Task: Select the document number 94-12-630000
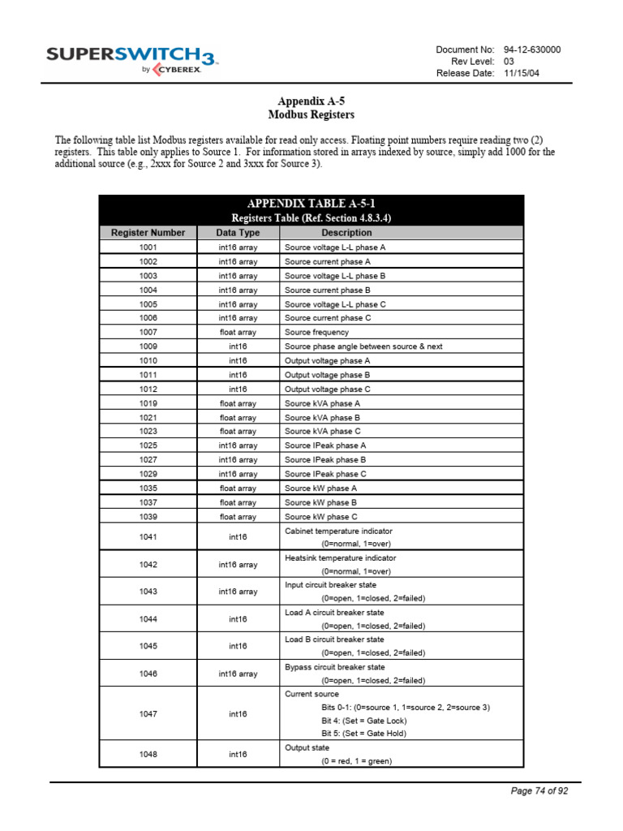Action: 532,50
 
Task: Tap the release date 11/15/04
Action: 522,73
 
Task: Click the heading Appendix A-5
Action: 311,101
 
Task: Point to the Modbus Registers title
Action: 311,115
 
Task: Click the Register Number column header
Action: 148,232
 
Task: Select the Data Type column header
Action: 238,232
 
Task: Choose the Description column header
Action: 346,232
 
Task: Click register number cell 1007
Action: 148,332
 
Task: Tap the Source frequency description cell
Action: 316,332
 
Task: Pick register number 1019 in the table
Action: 148,403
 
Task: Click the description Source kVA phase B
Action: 322,417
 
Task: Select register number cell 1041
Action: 148,537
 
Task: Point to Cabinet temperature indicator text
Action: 338,531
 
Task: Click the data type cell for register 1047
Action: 238,714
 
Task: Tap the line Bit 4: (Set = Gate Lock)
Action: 363,721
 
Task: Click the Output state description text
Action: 307,747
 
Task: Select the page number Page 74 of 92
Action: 539,791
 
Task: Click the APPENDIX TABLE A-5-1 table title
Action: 311,204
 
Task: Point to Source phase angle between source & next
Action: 363,347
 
